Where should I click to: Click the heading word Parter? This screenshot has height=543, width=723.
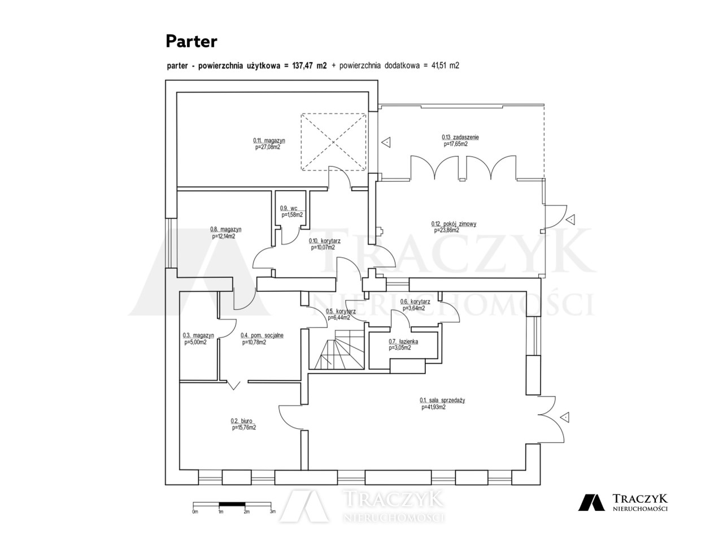pyautogui.click(x=191, y=41)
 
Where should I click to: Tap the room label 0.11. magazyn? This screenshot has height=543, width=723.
pyautogui.click(x=269, y=140)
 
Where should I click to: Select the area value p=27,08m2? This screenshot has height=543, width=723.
pyautogui.click(x=268, y=147)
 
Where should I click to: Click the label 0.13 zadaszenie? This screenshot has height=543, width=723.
pyautogui.click(x=460, y=137)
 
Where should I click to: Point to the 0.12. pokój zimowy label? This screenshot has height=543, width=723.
pyautogui.click(x=454, y=224)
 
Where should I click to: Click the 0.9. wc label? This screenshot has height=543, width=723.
pyautogui.click(x=289, y=208)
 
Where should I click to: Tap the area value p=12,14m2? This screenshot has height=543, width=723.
pyautogui.click(x=223, y=236)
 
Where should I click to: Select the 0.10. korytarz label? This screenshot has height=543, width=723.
pyautogui.click(x=324, y=241)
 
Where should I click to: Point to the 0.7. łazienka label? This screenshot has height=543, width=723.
pyautogui.click(x=403, y=342)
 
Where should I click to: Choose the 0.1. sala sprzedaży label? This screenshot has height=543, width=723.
pyautogui.click(x=442, y=400)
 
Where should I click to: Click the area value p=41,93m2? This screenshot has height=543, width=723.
pyautogui.click(x=433, y=407)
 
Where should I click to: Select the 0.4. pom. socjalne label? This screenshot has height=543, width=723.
pyautogui.click(x=262, y=335)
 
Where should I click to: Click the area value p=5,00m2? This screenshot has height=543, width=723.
pyautogui.click(x=195, y=342)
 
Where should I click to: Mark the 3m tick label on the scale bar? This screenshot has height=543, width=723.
pyautogui.click(x=273, y=512)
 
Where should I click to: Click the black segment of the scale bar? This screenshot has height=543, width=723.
pyautogui.click(x=232, y=504)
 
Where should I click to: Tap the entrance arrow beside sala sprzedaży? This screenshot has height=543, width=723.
pyautogui.click(x=565, y=417)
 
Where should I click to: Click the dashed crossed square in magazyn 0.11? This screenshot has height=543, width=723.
pyautogui.click(x=333, y=142)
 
